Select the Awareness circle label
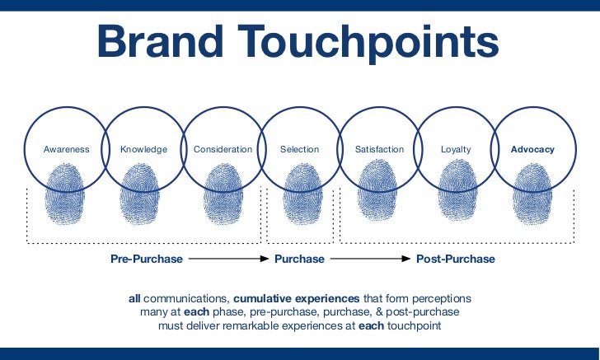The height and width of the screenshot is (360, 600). (66, 150)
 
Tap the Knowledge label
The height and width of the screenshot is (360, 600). (143, 150)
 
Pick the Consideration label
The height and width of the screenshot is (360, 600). (223, 150)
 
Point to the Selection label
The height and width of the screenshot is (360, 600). (299, 150)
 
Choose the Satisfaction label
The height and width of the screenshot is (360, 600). (379, 150)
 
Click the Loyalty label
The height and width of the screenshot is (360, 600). (456, 150)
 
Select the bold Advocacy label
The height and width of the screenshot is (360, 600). (532, 150)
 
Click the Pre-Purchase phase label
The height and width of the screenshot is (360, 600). (147, 259)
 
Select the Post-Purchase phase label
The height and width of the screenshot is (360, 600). (455, 259)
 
